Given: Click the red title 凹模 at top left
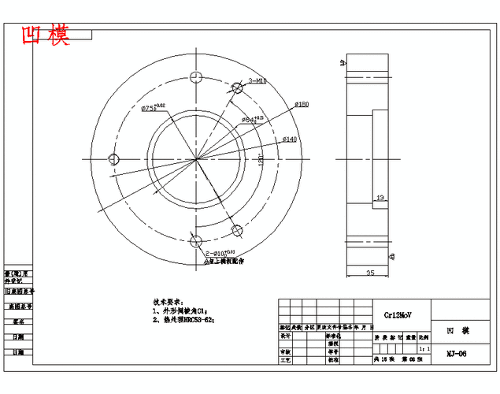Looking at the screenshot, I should (x=46, y=35).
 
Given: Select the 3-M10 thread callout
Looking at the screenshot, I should (x=257, y=80).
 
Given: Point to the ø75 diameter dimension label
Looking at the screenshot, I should (x=153, y=108).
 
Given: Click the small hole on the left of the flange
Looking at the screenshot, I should (x=114, y=159).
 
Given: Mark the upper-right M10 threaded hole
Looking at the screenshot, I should (x=237, y=88).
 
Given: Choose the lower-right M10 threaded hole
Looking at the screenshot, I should (x=237, y=230).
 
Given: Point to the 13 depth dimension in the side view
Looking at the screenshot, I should (x=380, y=198).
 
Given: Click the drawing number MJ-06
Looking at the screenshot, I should (x=456, y=354).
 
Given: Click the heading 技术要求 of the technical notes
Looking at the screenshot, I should (x=167, y=302).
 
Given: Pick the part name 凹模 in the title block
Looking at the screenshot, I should (x=457, y=331).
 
